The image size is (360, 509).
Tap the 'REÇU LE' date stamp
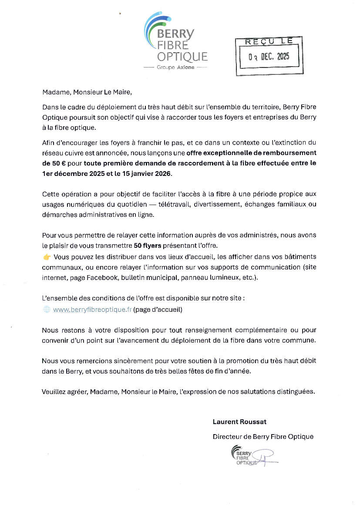tap(269, 55)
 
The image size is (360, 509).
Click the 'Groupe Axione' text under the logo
tap(175, 67)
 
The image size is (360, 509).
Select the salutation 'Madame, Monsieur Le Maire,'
tap(86, 92)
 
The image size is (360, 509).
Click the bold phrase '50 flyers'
tap(148, 246)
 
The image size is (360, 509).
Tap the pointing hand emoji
tap(47, 257)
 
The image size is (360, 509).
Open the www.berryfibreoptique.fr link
tap(92, 310)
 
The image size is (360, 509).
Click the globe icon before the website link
tap(47, 310)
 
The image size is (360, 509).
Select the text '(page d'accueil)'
tap(158, 310)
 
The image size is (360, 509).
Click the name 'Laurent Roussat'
tap(239, 421)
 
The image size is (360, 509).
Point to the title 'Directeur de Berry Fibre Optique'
tap(263, 436)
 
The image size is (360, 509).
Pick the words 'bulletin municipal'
tap(149, 277)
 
